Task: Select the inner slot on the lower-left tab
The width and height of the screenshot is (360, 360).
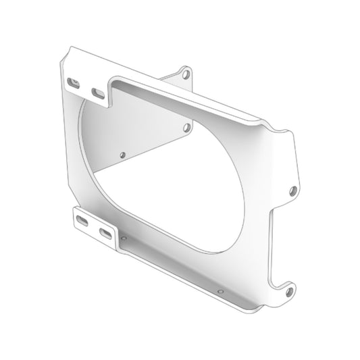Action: (x=106, y=233)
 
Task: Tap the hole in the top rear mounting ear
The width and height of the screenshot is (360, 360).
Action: (x=185, y=74)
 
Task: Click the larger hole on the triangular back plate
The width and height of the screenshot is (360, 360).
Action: (x=186, y=128)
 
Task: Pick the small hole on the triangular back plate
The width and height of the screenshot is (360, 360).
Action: (x=122, y=155)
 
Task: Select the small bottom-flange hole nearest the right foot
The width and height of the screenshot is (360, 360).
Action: (x=220, y=290)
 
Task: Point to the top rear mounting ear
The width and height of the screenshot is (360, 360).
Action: (x=184, y=76)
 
